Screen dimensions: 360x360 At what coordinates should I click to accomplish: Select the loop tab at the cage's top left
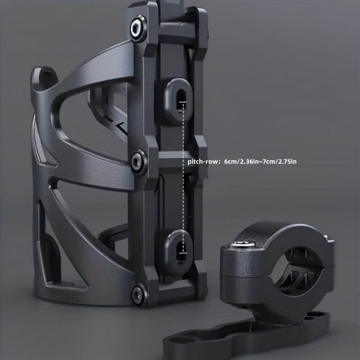43,79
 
